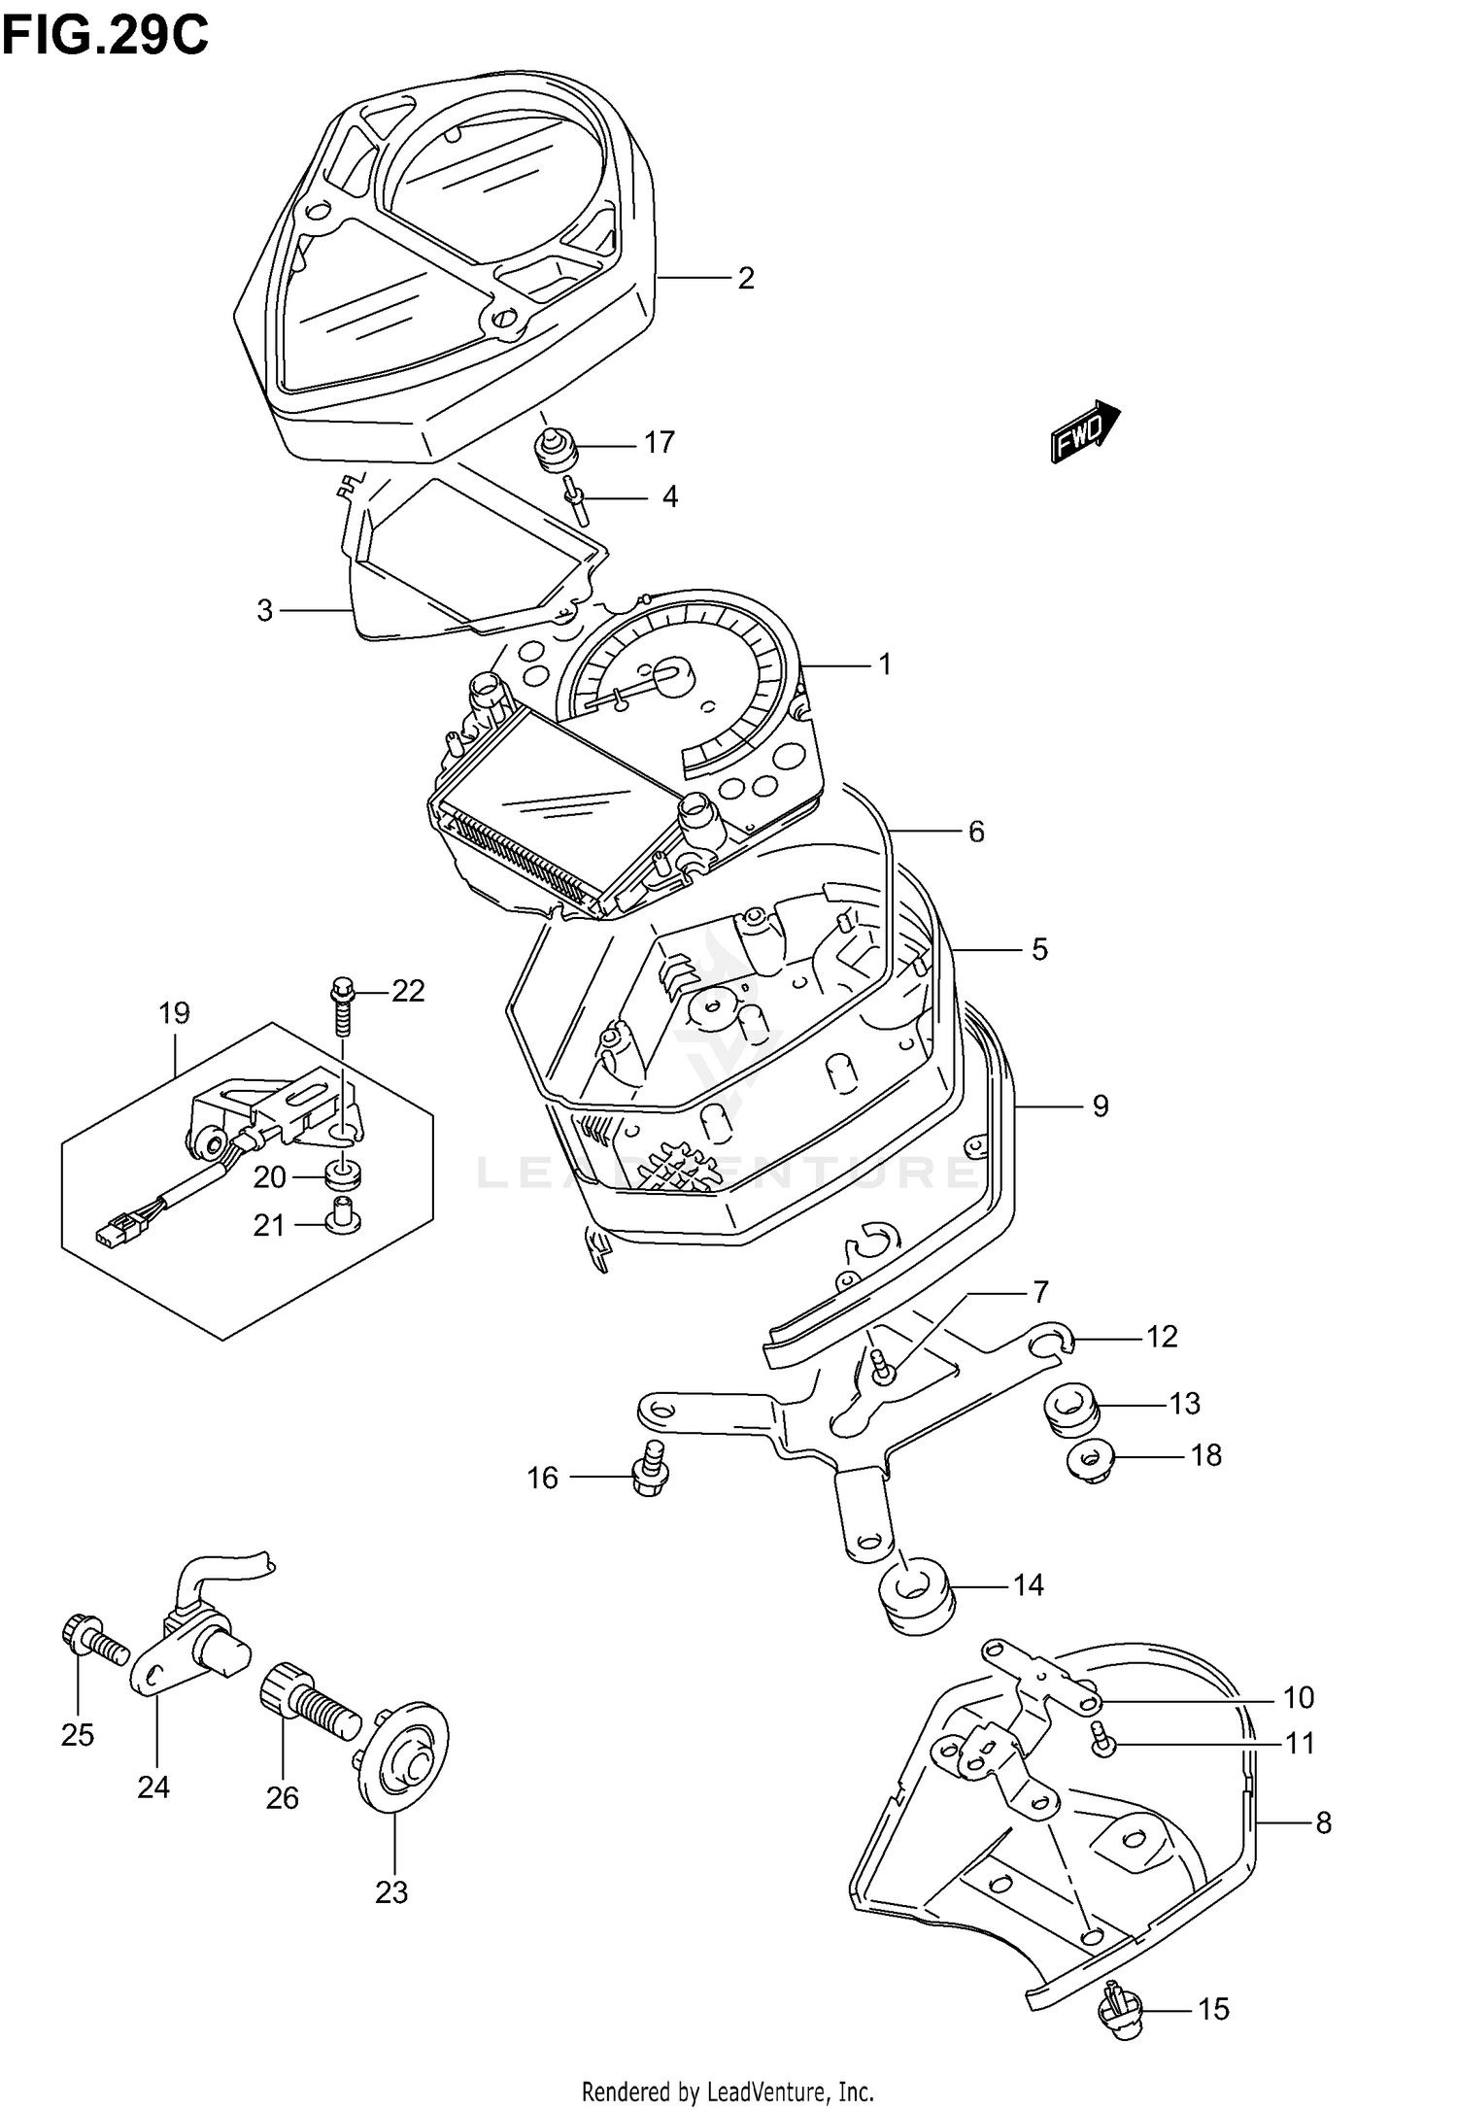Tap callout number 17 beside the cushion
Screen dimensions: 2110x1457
click(x=660, y=443)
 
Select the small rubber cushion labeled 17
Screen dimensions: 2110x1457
click(x=556, y=450)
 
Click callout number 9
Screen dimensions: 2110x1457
click(x=1101, y=1106)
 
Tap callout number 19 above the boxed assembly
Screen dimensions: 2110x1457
click(x=174, y=1013)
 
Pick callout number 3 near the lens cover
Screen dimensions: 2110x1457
click(x=264, y=611)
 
